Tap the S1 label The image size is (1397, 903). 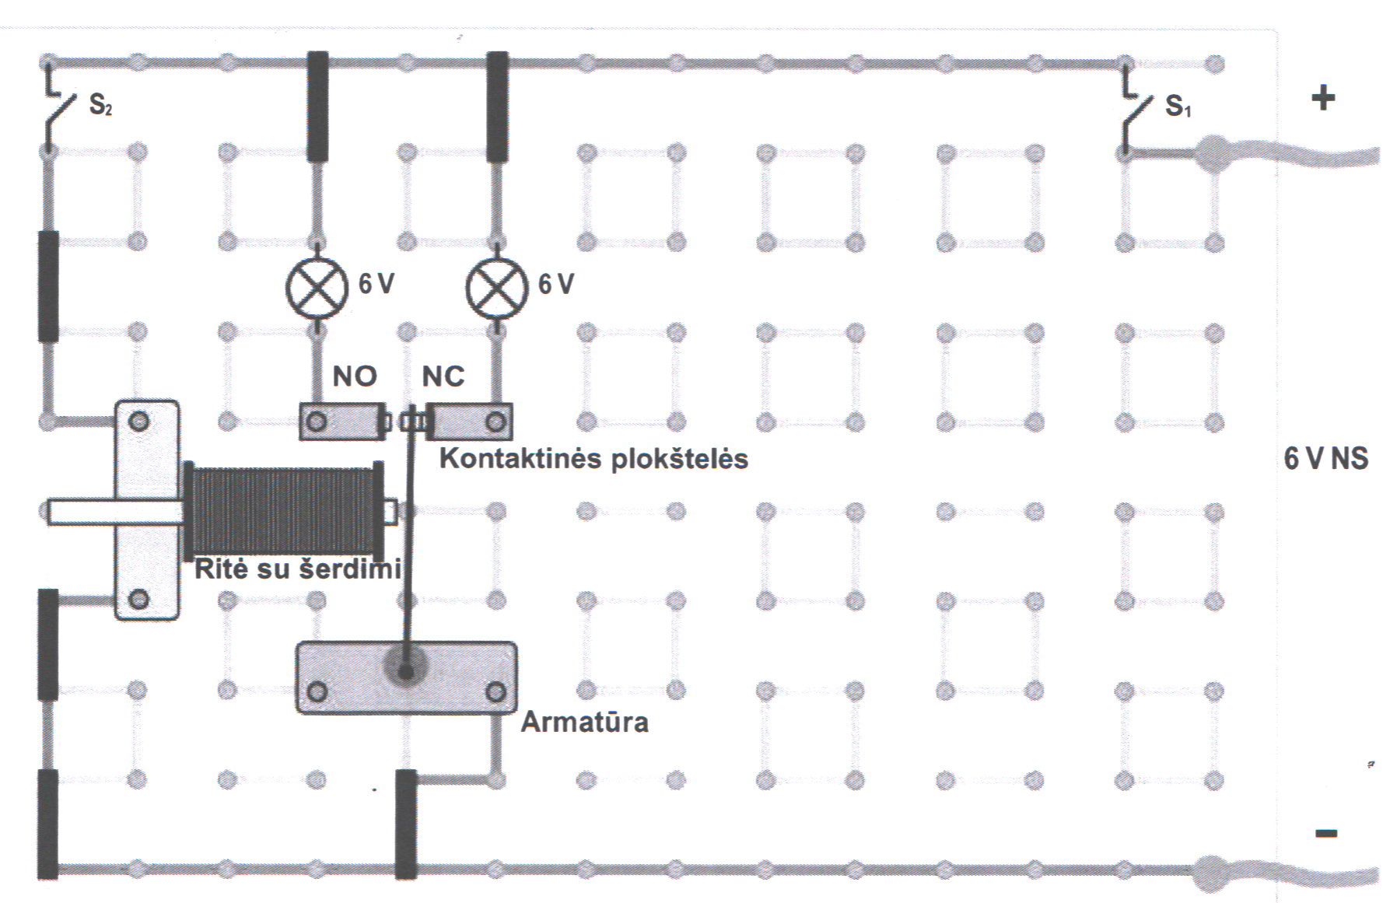point(1178,106)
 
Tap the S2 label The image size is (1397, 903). point(100,104)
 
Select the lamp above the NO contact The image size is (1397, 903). point(317,288)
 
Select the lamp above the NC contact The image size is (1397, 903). point(496,288)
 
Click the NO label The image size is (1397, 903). point(355,376)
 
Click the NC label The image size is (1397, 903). point(443,376)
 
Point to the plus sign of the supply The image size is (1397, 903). point(1323,98)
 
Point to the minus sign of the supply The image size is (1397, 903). point(1326,833)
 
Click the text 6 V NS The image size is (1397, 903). point(1325,458)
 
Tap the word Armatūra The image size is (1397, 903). point(584,723)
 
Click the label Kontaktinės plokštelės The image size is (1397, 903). point(593,459)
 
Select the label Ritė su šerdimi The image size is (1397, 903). point(297,569)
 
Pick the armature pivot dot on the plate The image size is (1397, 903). point(404,670)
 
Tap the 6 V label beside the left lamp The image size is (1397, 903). point(376,284)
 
